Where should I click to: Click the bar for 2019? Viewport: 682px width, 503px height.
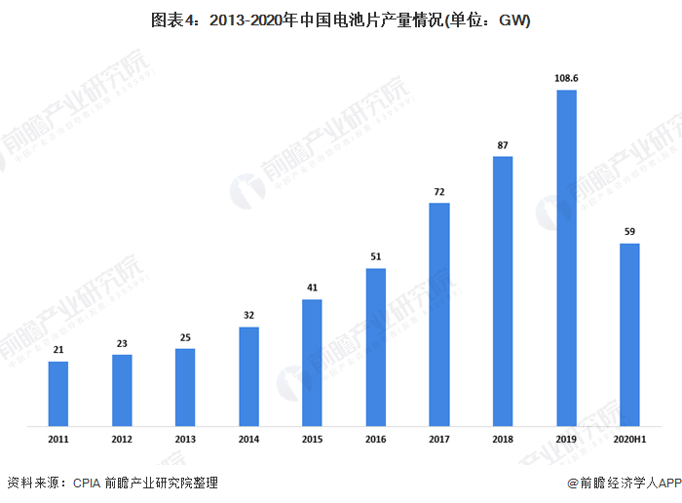pos(566,258)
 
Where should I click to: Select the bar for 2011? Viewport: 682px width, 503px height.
pos(58,394)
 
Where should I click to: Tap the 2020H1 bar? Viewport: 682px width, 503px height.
pos(629,334)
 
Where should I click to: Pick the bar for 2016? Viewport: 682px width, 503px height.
pos(376,347)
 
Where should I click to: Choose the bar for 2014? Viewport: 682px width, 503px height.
pos(248,376)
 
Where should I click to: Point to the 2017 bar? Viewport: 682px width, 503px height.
pos(439,314)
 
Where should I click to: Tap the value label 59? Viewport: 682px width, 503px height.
pos(629,231)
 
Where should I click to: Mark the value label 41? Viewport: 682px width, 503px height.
pos(312,288)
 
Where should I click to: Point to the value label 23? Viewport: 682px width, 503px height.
pos(122,343)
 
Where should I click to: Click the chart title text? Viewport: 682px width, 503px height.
pos(340,19)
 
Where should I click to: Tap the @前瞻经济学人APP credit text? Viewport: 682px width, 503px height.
pos(622,483)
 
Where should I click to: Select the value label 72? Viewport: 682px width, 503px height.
pos(439,191)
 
